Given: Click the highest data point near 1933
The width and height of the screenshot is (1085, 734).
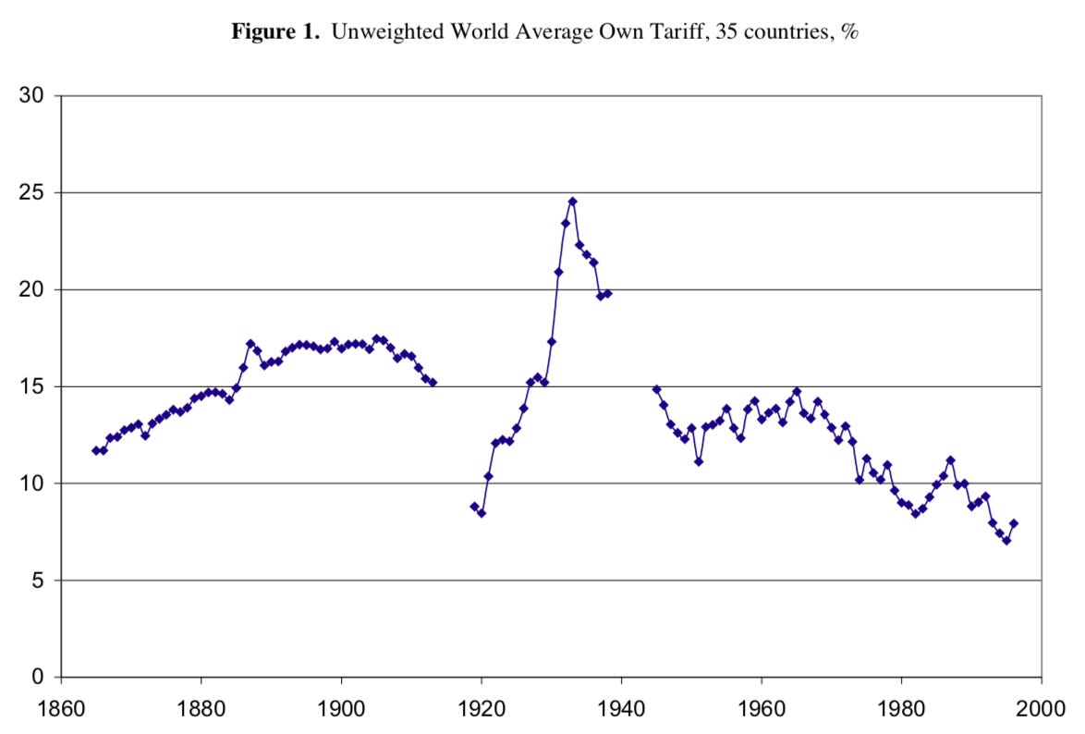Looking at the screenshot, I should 572,202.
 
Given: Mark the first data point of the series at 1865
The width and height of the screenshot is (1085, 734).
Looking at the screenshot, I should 96,450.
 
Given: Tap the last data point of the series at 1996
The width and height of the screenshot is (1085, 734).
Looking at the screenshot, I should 1013,523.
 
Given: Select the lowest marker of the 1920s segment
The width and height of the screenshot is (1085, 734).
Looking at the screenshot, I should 482,513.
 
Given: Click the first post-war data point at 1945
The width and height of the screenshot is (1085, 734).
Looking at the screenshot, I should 656,389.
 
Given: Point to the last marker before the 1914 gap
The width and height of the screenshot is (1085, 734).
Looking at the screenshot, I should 433,383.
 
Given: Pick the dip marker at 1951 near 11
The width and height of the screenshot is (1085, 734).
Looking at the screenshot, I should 699,461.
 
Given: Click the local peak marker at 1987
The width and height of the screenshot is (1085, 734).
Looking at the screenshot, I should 950,460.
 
